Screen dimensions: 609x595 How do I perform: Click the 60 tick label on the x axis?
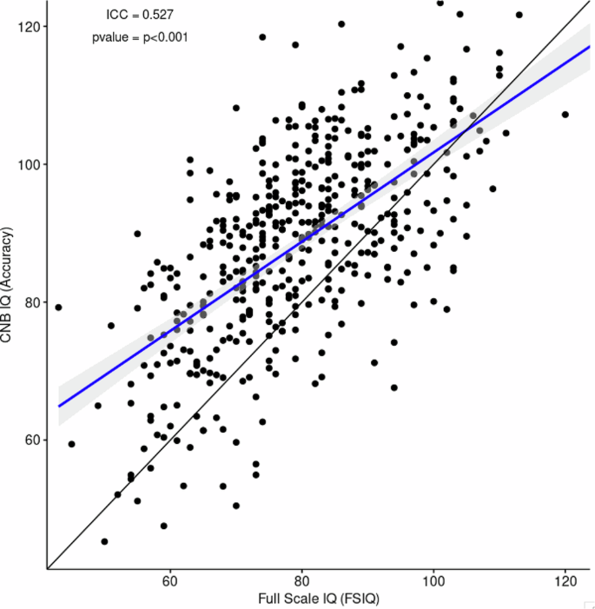(x=170, y=579)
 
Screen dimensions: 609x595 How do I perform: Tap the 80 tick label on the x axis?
(x=301, y=579)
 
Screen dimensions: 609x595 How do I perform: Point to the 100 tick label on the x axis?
(x=433, y=579)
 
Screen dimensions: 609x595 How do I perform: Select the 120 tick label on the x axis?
(x=565, y=579)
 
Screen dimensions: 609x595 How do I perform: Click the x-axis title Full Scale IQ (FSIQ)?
(x=319, y=599)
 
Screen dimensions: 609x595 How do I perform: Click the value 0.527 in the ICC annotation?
(x=160, y=14)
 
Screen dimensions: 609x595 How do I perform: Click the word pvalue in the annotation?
(x=110, y=37)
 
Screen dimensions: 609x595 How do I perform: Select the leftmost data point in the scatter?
(x=58, y=307)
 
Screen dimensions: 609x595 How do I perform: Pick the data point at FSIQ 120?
(x=565, y=114)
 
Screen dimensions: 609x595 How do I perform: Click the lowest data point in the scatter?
(x=104, y=541)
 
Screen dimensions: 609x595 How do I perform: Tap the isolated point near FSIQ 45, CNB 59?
(x=71, y=444)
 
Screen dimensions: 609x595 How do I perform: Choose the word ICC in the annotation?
(x=117, y=14)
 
